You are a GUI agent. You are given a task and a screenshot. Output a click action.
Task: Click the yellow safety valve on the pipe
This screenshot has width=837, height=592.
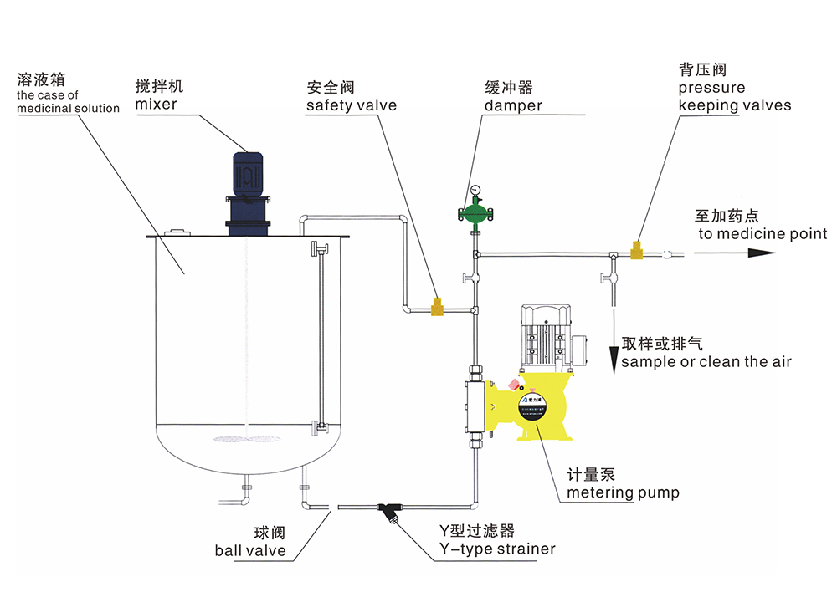click(437, 307)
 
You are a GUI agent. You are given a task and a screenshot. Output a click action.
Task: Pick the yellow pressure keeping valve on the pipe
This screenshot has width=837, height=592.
click(636, 248)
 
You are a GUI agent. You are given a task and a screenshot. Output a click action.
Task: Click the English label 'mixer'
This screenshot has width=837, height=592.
click(156, 105)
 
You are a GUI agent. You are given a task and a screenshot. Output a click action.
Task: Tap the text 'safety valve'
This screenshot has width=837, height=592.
click(352, 106)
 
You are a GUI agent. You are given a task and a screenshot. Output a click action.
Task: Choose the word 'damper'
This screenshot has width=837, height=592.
click(513, 106)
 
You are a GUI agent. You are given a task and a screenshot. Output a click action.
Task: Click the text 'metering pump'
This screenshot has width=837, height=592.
click(623, 492)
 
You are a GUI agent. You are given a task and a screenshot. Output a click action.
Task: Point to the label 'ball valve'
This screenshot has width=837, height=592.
click(249, 550)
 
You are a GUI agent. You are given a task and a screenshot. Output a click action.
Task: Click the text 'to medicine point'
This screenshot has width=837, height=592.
click(763, 234)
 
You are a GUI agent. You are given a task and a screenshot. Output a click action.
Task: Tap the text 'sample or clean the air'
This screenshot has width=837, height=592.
click(706, 361)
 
